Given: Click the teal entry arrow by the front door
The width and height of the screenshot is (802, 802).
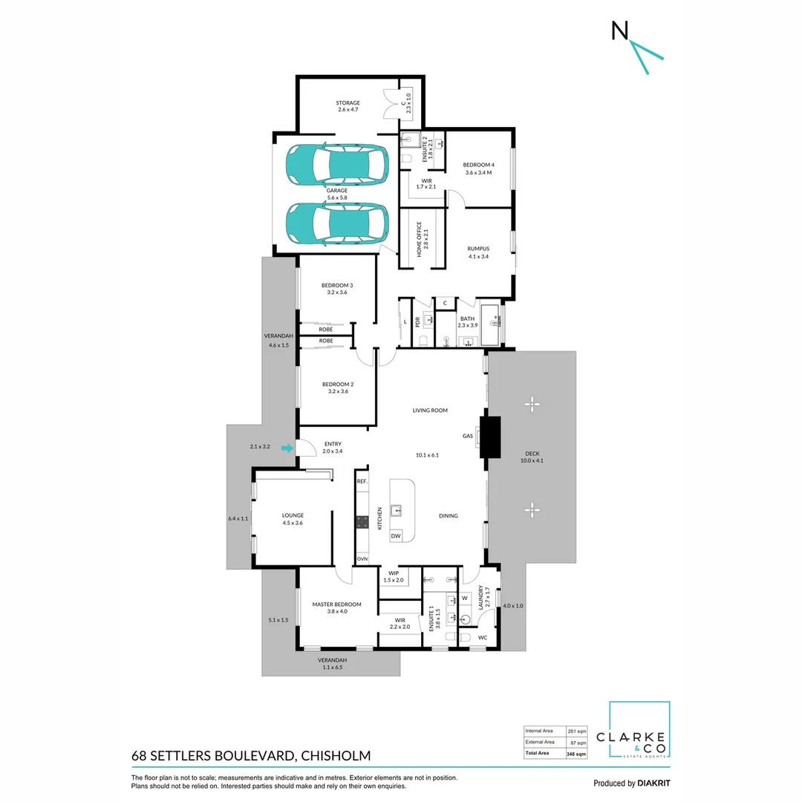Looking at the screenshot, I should point(287,448).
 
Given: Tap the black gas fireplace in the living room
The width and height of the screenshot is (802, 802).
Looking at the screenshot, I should point(490,437).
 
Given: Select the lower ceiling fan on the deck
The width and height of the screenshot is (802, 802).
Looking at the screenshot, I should point(531,508).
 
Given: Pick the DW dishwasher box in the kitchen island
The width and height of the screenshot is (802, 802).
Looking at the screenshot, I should point(396,535).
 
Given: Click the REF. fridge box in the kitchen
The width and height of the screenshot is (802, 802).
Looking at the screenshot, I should point(362,481).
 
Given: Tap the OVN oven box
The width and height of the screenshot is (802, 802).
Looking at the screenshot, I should point(362,558).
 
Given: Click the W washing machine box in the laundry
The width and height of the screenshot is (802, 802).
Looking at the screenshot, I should point(465,598).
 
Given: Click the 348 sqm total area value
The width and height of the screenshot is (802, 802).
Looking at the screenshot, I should point(576,754).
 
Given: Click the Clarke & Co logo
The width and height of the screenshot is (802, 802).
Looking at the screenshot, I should point(639,731).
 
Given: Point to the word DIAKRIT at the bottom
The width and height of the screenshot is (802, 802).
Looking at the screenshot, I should point(654,783).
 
